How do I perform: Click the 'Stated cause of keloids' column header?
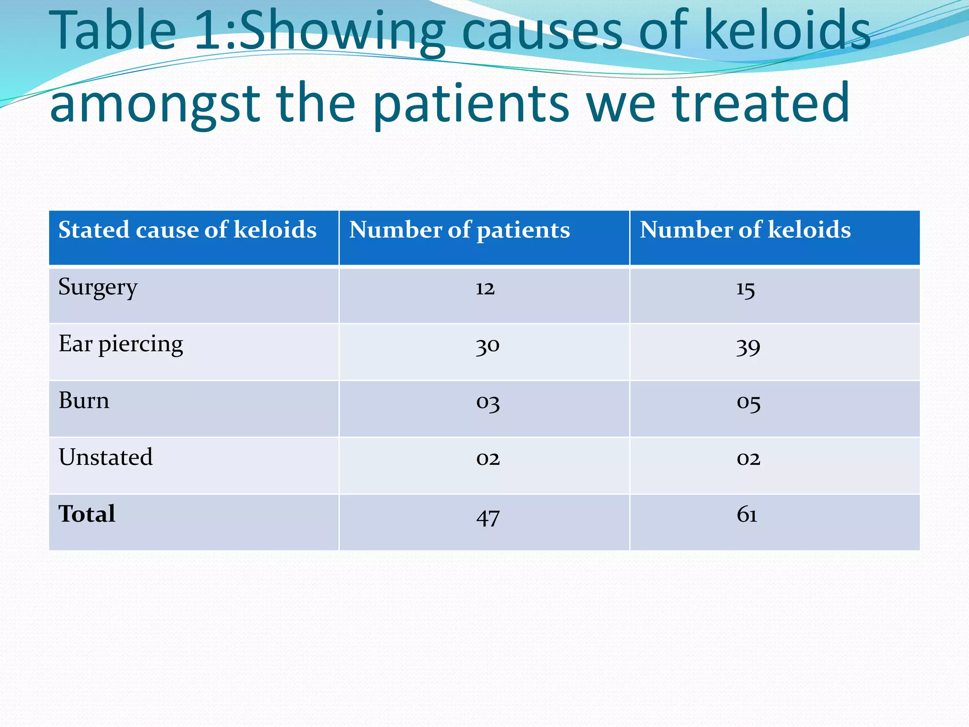point(187,230)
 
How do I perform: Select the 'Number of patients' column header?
point(459,230)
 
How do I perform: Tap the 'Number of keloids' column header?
point(745,230)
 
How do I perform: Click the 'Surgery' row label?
point(98,287)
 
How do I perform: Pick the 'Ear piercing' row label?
point(121,344)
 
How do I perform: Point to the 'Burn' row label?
point(84,401)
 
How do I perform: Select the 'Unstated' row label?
point(106,458)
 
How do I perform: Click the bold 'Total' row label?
point(87,514)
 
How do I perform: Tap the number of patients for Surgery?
point(485,288)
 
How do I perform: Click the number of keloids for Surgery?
point(746,289)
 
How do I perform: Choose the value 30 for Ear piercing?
point(488,346)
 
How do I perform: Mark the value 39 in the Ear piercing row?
point(748,347)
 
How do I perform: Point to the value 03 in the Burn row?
point(488,403)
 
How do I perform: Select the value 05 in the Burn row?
point(749,403)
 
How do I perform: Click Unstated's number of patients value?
point(488,459)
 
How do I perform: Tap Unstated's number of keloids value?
point(749,459)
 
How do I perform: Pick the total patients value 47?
point(488,517)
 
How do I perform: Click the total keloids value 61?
point(747,515)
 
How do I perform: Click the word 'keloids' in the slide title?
point(787,31)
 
